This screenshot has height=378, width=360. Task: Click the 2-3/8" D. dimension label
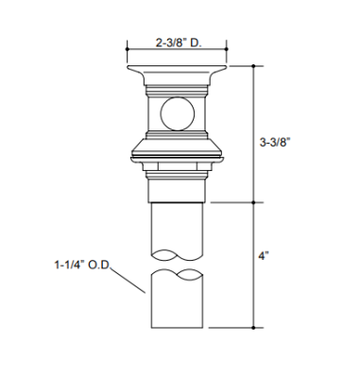[179, 43]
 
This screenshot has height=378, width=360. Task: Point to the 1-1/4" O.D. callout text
[82, 268]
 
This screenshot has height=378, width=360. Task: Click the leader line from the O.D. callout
[128, 281]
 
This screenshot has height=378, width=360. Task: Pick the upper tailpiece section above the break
[176, 227]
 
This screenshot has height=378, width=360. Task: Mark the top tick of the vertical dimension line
[255, 65]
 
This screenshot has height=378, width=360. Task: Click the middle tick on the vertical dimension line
[255, 201]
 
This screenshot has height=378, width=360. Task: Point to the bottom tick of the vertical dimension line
[255, 327]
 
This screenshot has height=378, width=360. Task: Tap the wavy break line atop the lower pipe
[176, 275]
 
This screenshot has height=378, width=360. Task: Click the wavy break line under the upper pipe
[176, 255]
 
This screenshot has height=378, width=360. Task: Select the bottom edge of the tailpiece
[176, 327]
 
